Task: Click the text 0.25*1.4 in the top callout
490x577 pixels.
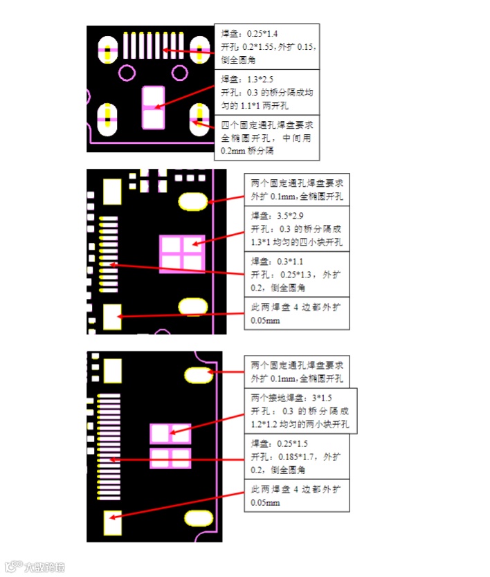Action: tap(262, 34)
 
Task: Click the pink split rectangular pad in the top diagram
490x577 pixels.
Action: tap(152, 107)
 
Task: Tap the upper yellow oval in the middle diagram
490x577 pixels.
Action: tap(193, 201)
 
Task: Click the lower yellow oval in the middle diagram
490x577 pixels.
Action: tap(193, 306)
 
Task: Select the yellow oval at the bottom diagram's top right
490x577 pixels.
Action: tap(199, 375)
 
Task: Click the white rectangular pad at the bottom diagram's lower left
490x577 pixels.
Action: tap(112, 523)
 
